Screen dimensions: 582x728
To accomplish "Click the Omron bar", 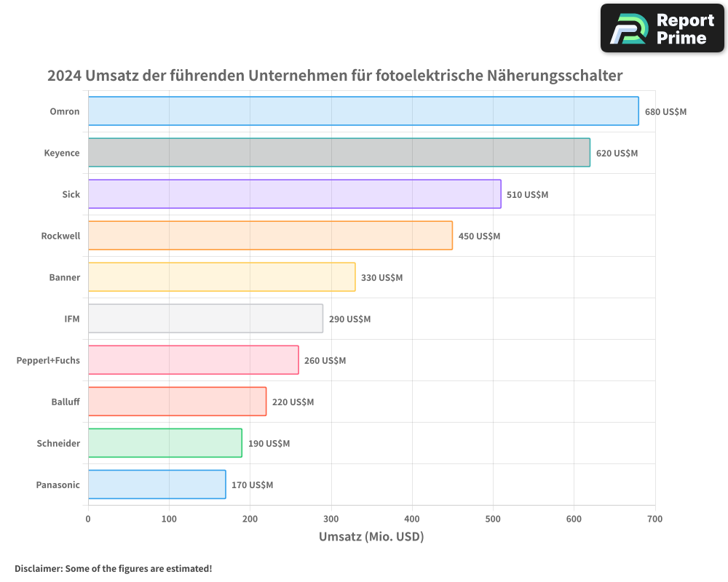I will click(363, 111).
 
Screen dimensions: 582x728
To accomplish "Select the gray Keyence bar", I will click(339, 153).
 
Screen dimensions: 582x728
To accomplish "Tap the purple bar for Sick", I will click(295, 194).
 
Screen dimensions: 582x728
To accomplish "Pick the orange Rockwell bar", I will click(270, 236).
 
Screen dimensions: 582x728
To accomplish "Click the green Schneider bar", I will click(165, 443).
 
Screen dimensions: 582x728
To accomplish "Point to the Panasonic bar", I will click(157, 485).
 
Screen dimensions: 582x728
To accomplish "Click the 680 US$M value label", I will click(665, 112).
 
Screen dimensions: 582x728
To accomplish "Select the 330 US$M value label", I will click(381, 278).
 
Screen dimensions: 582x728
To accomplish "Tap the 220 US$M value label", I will click(293, 402).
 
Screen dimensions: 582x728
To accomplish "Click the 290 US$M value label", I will click(349, 319).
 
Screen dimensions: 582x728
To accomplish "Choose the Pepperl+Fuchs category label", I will click(48, 360).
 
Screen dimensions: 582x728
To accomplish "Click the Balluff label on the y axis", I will click(66, 402).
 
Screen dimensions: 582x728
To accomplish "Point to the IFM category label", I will click(72, 319).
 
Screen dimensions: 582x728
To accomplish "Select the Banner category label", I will click(65, 277).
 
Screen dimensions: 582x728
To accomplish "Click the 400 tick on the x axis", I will click(412, 519).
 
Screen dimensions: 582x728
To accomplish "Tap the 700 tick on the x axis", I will click(654, 519).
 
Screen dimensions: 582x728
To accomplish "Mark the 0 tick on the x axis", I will click(88, 519).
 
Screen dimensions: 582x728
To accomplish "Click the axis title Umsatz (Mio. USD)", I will click(371, 537).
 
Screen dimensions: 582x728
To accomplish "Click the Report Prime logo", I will click(662, 28).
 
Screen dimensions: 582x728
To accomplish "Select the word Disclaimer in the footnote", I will click(37, 569).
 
